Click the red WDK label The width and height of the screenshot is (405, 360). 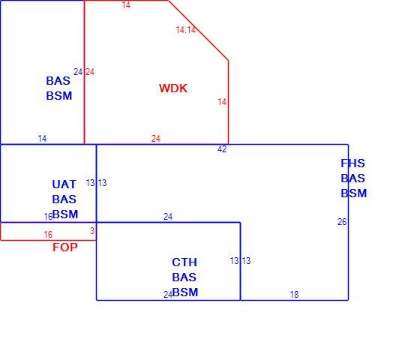pos(173,88)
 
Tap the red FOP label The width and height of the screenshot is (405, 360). pos(64,247)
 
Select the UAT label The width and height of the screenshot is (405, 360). pos(64,184)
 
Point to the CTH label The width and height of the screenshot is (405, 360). pos(184,262)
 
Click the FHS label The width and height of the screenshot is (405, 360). pos(352,163)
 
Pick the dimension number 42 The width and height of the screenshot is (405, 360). pos(222,149)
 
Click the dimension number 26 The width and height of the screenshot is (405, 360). pos(342,222)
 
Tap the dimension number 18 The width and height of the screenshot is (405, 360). pos(294,295)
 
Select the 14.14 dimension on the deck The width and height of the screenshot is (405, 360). pos(185,30)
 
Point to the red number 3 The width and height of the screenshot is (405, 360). pos(92,230)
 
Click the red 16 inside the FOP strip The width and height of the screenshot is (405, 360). pos(48,235)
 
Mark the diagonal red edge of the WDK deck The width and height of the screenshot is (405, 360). pos(198,30)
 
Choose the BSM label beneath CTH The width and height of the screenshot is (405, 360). pos(185,292)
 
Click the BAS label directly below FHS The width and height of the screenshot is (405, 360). pos(352,178)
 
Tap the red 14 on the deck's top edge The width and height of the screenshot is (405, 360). pos(126,5)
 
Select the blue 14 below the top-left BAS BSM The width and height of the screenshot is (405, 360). pos(42,139)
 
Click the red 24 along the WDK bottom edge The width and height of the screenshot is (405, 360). pos(156,139)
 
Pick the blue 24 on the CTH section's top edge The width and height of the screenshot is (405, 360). pos(168,217)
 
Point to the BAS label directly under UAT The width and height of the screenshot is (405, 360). pos(64,199)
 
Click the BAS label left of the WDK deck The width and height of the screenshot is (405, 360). pos(58,81)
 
